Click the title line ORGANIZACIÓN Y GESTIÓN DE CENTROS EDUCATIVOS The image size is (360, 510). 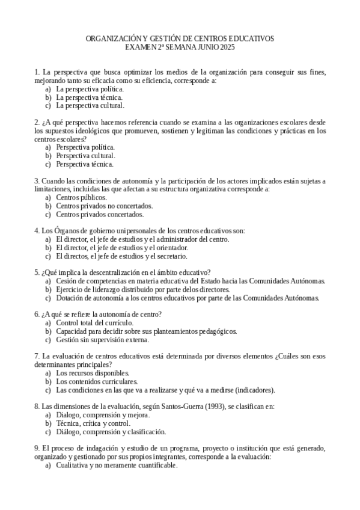180,38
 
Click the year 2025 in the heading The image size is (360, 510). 227,46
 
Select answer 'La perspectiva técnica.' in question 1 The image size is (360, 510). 90,97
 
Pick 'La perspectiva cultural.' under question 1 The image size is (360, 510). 90,105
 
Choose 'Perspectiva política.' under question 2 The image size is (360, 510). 85,147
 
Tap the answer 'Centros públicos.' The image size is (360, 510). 82,197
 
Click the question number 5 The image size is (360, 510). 37,272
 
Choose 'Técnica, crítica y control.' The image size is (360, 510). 93,423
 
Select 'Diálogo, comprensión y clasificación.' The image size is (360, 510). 111,432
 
